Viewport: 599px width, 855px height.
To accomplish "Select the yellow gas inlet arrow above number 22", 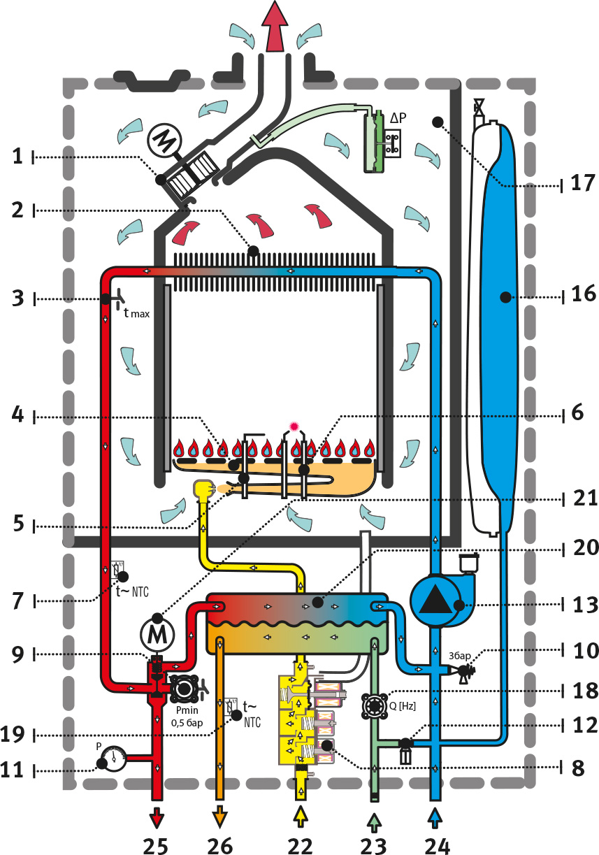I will [301, 816].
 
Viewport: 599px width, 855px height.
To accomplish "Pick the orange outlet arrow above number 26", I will [220, 816].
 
